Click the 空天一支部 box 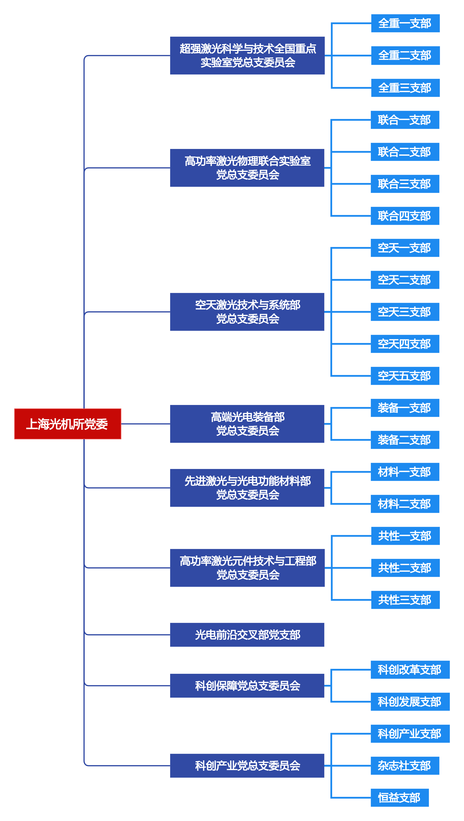[405, 248]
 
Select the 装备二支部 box [405, 440]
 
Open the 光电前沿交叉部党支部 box [247, 635]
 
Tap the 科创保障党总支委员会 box [247, 686]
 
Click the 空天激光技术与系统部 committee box [247, 312]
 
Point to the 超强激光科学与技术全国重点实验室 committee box [247, 55]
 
